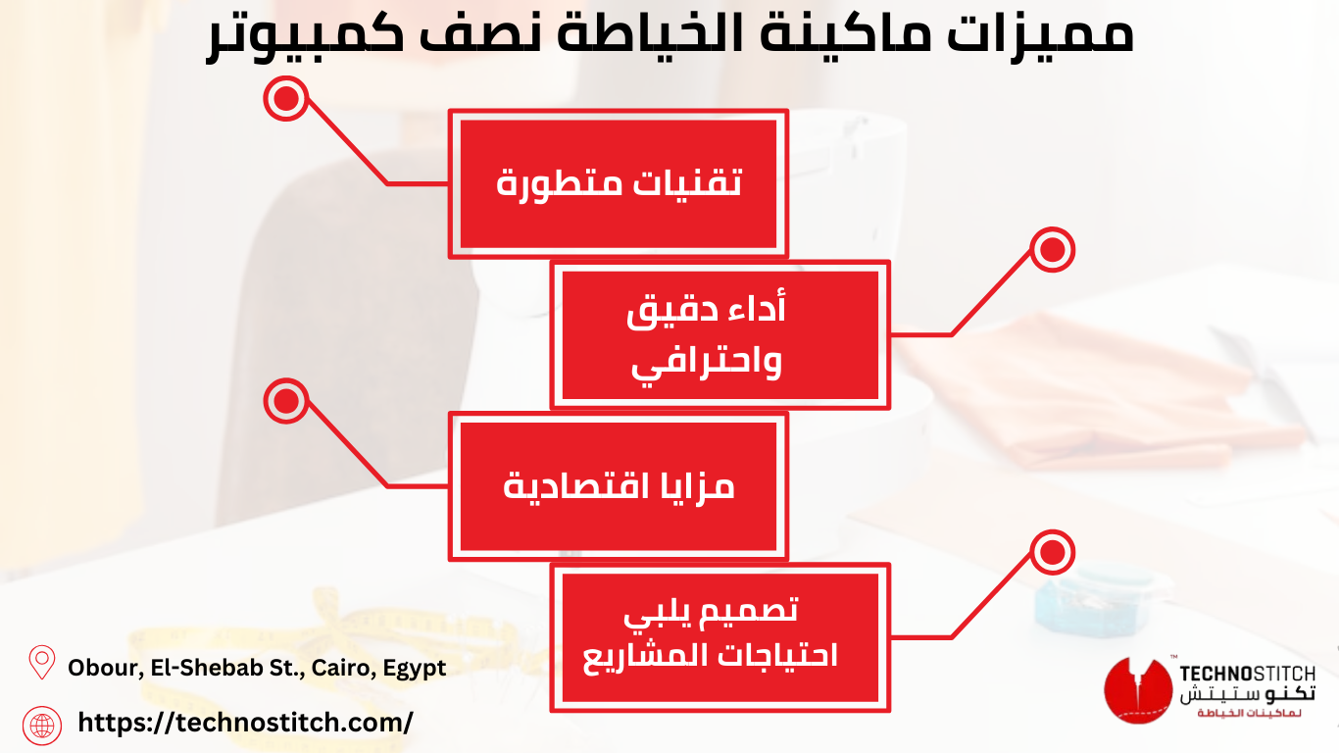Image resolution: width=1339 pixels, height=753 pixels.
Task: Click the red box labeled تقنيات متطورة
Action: pyautogui.click(x=619, y=183)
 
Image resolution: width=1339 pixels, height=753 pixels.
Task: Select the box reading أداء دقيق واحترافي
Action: pyautogui.click(x=719, y=335)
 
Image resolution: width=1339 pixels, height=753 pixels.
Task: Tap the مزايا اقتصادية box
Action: pyautogui.click(x=619, y=486)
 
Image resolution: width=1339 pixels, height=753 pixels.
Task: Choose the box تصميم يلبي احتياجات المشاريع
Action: pyautogui.click(x=719, y=637)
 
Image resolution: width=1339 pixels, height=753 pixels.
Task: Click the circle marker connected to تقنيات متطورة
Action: pyautogui.click(x=285, y=99)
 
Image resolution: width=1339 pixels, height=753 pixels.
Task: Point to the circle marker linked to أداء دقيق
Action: pyautogui.click(x=1053, y=250)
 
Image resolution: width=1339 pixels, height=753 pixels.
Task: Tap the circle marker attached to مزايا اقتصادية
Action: pyautogui.click(x=285, y=401)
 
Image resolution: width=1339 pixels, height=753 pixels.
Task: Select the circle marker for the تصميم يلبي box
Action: pyautogui.click(x=1053, y=552)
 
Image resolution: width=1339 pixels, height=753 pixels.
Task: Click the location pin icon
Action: pyautogui.click(x=42, y=662)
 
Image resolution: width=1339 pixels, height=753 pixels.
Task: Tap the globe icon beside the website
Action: pyautogui.click(x=42, y=726)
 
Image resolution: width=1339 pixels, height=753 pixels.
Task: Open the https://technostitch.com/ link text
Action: pyautogui.click(x=245, y=723)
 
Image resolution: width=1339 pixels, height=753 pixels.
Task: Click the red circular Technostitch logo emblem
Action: pyautogui.click(x=1137, y=689)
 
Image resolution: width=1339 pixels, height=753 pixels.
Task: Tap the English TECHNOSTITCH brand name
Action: pyautogui.click(x=1247, y=674)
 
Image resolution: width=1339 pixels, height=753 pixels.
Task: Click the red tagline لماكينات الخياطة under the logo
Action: pyautogui.click(x=1249, y=713)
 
